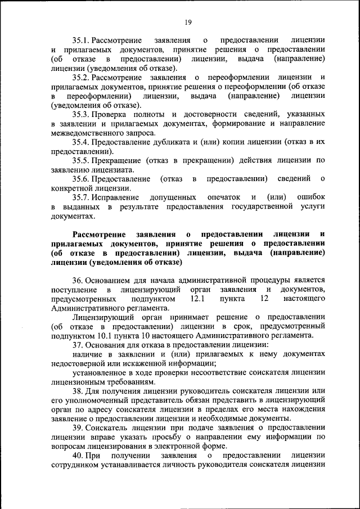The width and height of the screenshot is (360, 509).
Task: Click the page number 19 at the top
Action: pos(188,22)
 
